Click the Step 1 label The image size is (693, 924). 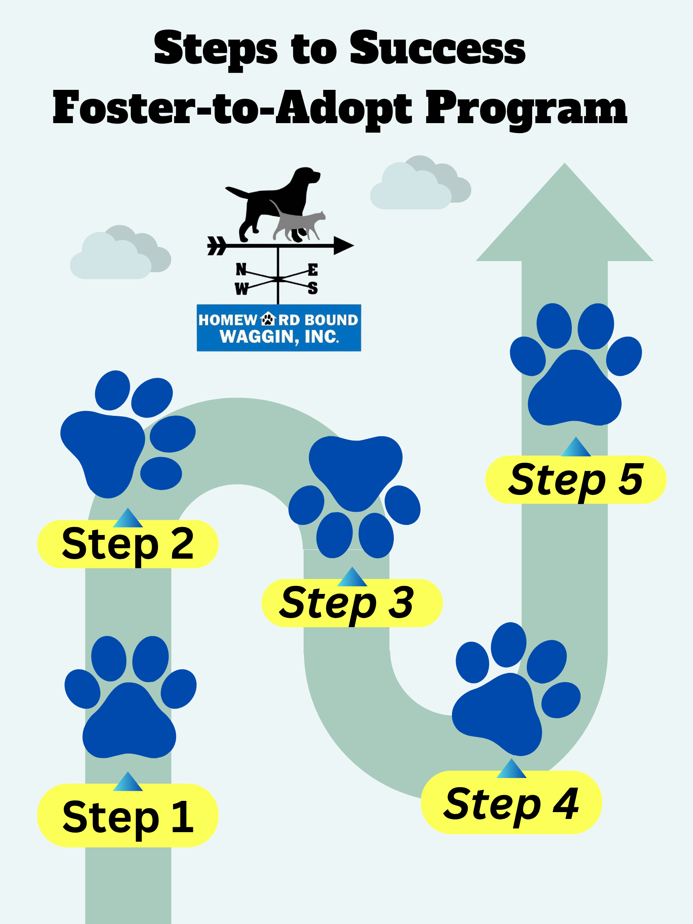coord(128,816)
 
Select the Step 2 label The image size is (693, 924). coord(128,543)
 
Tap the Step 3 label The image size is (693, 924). coord(351,603)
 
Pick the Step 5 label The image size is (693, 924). coord(575,480)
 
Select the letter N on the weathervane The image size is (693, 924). coord(241,269)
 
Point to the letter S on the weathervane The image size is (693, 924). coord(312,288)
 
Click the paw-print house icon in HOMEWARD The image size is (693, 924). coord(268,319)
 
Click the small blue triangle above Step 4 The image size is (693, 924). coord(511,769)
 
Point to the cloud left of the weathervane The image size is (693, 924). coord(119,255)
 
